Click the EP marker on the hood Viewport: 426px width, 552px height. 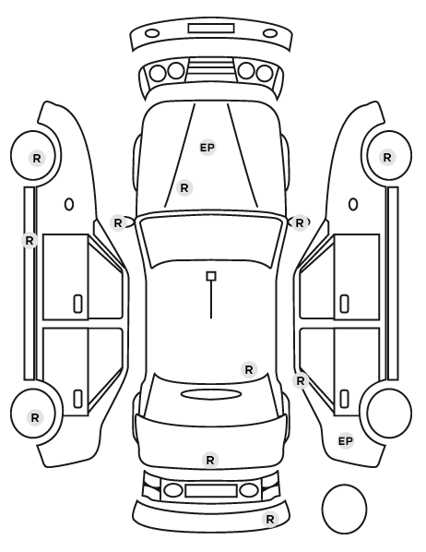[207, 148]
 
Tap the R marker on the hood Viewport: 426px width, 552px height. [184, 188]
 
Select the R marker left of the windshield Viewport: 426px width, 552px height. [118, 222]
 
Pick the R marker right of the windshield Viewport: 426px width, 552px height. [300, 222]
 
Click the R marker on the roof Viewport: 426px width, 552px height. [249, 369]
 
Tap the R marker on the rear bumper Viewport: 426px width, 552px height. [270, 519]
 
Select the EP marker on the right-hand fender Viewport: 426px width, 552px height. [346, 440]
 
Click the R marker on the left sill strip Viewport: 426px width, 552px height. [30, 240]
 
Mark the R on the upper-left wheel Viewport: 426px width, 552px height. [37, 159]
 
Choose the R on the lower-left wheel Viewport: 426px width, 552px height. [35, 418]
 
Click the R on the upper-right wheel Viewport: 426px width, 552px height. [387, 157]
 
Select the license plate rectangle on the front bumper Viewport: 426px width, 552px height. [211, 29]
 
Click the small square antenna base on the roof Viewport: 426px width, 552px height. [211, 276]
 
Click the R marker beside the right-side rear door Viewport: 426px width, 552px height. [300, 380]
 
